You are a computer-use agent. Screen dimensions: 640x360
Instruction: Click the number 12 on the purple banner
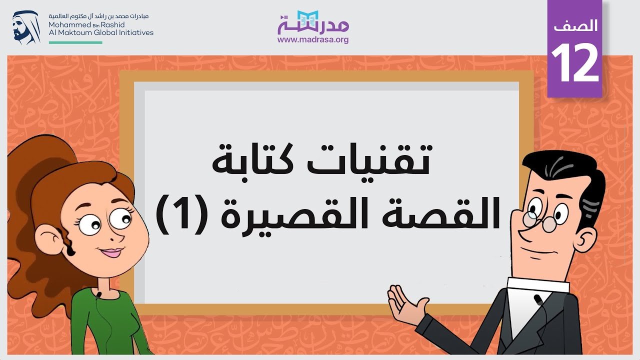[x=575, y=63]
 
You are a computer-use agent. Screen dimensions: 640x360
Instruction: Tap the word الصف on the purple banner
[x=575, y=25]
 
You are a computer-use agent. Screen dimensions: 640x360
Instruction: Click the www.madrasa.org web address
[x=313, y=39]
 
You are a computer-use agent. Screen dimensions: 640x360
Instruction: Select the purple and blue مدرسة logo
[x=313, y=22]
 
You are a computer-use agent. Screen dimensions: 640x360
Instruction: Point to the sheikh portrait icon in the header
[x=26, y=27]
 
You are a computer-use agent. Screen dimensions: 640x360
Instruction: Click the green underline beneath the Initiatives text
[x=75, y=42]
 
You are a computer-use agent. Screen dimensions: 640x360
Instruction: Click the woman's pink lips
[x=111, y=252]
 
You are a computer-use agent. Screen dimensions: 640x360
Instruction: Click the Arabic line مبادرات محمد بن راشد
[x=98, y=16]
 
